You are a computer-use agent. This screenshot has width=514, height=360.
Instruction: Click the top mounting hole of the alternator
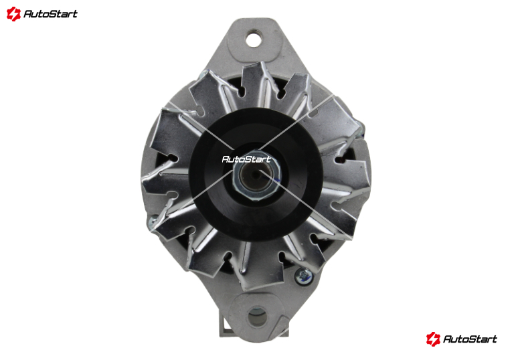point(254,39)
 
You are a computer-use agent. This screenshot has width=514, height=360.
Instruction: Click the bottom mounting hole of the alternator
point(257,316)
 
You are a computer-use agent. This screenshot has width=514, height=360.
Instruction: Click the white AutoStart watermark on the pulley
point(246,159)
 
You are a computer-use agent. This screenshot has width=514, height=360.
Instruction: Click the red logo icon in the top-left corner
point(13,14)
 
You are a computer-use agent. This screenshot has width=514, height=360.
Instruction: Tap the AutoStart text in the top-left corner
point(50,14)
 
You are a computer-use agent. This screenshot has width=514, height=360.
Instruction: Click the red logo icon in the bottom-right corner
point(433,339)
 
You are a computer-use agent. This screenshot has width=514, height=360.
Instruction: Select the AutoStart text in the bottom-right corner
point(470,339)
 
